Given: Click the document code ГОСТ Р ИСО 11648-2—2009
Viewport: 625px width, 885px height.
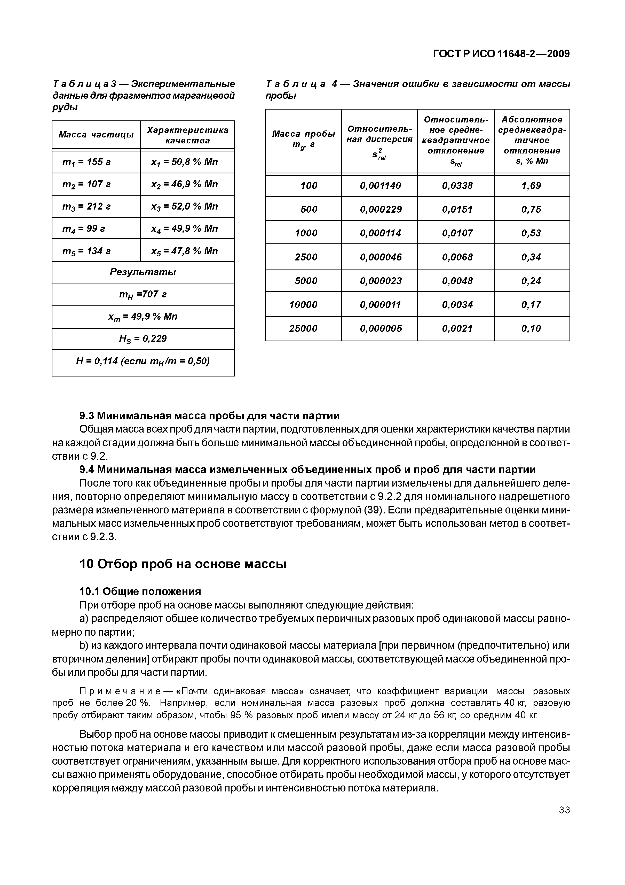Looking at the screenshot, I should click(x=501, y=54).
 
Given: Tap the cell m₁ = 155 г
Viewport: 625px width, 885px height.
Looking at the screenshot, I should click(x=87, y=162).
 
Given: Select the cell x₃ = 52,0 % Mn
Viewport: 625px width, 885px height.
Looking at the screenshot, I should click(x=185, y=207).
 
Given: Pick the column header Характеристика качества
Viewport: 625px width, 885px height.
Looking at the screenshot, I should click(x=187, y=135).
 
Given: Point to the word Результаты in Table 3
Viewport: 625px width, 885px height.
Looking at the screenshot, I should click(x=143, y=272).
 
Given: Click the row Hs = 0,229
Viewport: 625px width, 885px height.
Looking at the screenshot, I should click(x=143, y=339).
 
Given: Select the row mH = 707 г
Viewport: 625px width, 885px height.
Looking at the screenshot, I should click(x=143, y=295).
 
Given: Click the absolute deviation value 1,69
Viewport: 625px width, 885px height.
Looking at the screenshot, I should click(x=532, y=186).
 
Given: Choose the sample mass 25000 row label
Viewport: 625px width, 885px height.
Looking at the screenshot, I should click(x=303, y=328).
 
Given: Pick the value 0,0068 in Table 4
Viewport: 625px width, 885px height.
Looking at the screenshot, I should click(x=457, y=257).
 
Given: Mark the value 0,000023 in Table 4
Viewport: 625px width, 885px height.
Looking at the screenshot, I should click(x=381, y=281).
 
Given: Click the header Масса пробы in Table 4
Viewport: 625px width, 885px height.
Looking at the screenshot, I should click(x=303, y=134).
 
